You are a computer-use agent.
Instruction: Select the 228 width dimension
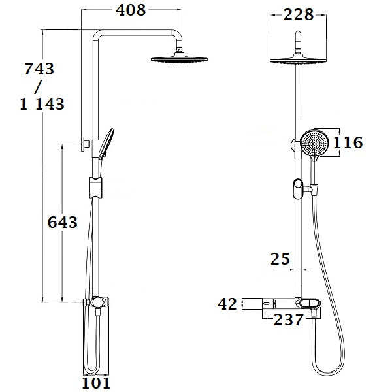coord(299,15)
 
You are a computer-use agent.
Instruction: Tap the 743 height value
coord(39,69)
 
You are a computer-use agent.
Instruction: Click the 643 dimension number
coord(62,222)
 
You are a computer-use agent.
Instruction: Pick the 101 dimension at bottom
coord(96,383)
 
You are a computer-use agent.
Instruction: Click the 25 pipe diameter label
coord(280,259)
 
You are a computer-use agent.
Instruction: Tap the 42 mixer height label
coord(227,303)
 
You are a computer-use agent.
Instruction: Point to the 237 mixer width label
coord(289,319)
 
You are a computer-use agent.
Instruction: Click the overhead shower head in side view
coord(178,59)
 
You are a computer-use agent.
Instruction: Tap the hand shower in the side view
coord(106,140)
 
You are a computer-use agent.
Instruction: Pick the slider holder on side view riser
coord(95,187)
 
